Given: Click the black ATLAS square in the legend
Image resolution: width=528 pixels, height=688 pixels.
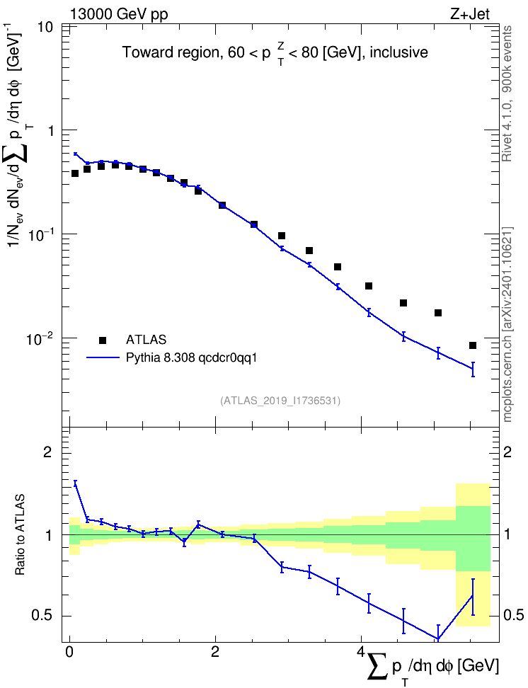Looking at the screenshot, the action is [x=103, y=340].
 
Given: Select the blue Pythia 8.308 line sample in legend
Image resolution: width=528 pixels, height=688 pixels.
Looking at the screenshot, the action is [x=103, y=357].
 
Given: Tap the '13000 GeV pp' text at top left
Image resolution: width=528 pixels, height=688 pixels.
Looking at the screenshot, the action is [x=118, y=14].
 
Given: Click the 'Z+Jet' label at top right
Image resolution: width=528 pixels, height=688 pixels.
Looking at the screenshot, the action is [x=470, y=14].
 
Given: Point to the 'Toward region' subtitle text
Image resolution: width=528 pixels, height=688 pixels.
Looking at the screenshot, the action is [x=171, y=52].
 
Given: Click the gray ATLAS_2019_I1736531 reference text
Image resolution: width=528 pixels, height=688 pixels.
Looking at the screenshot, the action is [x=280, y=400].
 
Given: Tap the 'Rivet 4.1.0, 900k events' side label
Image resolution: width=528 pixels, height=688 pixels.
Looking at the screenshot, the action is [x=507, y=93].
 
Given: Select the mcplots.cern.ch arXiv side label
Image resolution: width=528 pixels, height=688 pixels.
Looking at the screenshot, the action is [x=507, y=324].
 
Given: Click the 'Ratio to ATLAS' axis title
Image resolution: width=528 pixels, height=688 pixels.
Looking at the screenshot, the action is [x=20, y=535].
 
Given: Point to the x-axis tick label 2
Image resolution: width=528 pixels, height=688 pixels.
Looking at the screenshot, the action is [x=215, y=651].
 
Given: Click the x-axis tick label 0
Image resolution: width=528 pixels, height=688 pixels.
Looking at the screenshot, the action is [x=69, y=651].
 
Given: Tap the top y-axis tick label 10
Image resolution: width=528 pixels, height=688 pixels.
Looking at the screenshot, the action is [x=43, y=28].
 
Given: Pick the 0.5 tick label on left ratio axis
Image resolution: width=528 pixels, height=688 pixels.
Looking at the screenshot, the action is [x=42, y=616].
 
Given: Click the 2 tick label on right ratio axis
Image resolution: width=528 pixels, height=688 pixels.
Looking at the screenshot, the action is [x=507, y=452].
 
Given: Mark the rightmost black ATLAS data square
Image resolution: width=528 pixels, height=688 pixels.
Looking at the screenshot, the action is [x=473, y=345].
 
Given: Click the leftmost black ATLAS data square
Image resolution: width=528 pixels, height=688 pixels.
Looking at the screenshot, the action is [x=75, y=173].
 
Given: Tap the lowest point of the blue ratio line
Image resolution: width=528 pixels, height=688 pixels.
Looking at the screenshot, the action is [x=437, y=638].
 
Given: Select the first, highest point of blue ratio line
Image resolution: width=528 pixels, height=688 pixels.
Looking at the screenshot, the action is [x=75, y=482].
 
